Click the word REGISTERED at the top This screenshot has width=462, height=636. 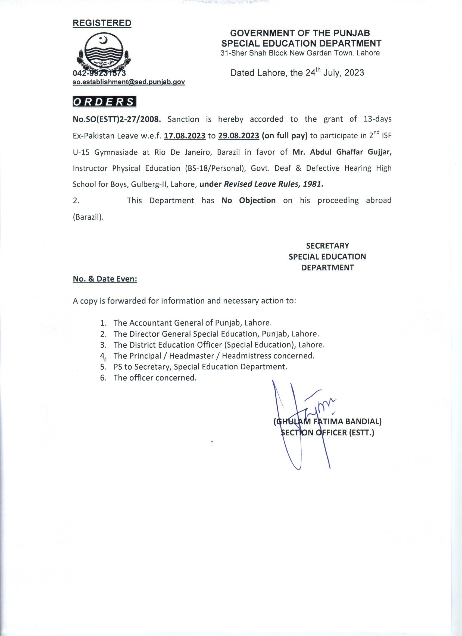point(102,23)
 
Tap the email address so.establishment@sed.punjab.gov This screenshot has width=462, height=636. point(129,82)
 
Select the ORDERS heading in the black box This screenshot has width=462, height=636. point(104,102)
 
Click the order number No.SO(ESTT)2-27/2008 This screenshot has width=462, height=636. point(117,119)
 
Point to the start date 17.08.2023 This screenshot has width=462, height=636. point(185,136)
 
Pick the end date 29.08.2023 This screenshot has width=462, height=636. point(239,136)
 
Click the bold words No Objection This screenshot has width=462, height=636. point(248,201)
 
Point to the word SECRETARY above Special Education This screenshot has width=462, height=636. point(327,246)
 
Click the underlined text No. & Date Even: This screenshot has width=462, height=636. point(105,279)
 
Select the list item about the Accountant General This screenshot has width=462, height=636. point(192,323)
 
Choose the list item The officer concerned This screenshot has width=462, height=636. point(155,378)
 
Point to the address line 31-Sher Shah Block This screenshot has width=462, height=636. point(300,53)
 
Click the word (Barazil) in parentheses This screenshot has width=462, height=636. point(88,217)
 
